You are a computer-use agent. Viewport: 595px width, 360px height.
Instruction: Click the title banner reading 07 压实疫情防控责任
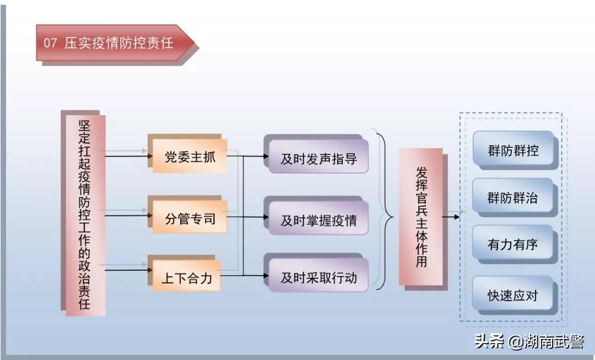pos(113,43)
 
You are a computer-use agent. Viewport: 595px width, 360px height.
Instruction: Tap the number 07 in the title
pos(51,43)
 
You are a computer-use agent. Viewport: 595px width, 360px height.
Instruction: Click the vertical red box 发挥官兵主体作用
pos(421,216)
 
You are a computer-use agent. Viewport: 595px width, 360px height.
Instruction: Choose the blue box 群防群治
pos(513,197)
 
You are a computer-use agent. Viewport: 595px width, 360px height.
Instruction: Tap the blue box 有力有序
pos(513,245)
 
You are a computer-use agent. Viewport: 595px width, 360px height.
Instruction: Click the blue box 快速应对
pos(513,295)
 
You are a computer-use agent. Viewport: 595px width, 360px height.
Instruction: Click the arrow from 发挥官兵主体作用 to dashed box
pos(451,217)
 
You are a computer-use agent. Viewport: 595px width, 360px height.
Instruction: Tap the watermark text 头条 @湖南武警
pos(529,342)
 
